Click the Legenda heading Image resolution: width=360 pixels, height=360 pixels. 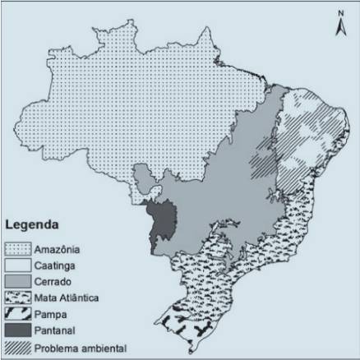coord(31,224)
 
